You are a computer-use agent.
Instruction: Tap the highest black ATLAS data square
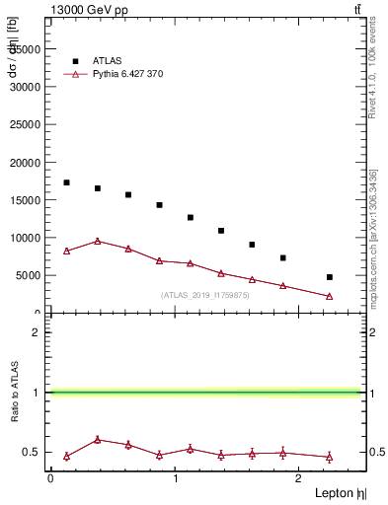click(x=66, y=182)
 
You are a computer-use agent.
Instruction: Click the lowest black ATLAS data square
click(x=329, y=277)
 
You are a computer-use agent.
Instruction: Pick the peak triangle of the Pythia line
click(x=97, y=241)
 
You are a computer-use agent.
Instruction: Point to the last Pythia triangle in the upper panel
click(x=329, y=296)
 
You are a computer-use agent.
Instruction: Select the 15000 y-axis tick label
click(x=26, y=199)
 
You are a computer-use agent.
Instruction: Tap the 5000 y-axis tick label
click(x=29, y=275)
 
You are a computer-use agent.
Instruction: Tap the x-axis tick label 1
click(x=175, y=478)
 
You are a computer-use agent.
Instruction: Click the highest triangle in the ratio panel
click(x=97, y=440)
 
